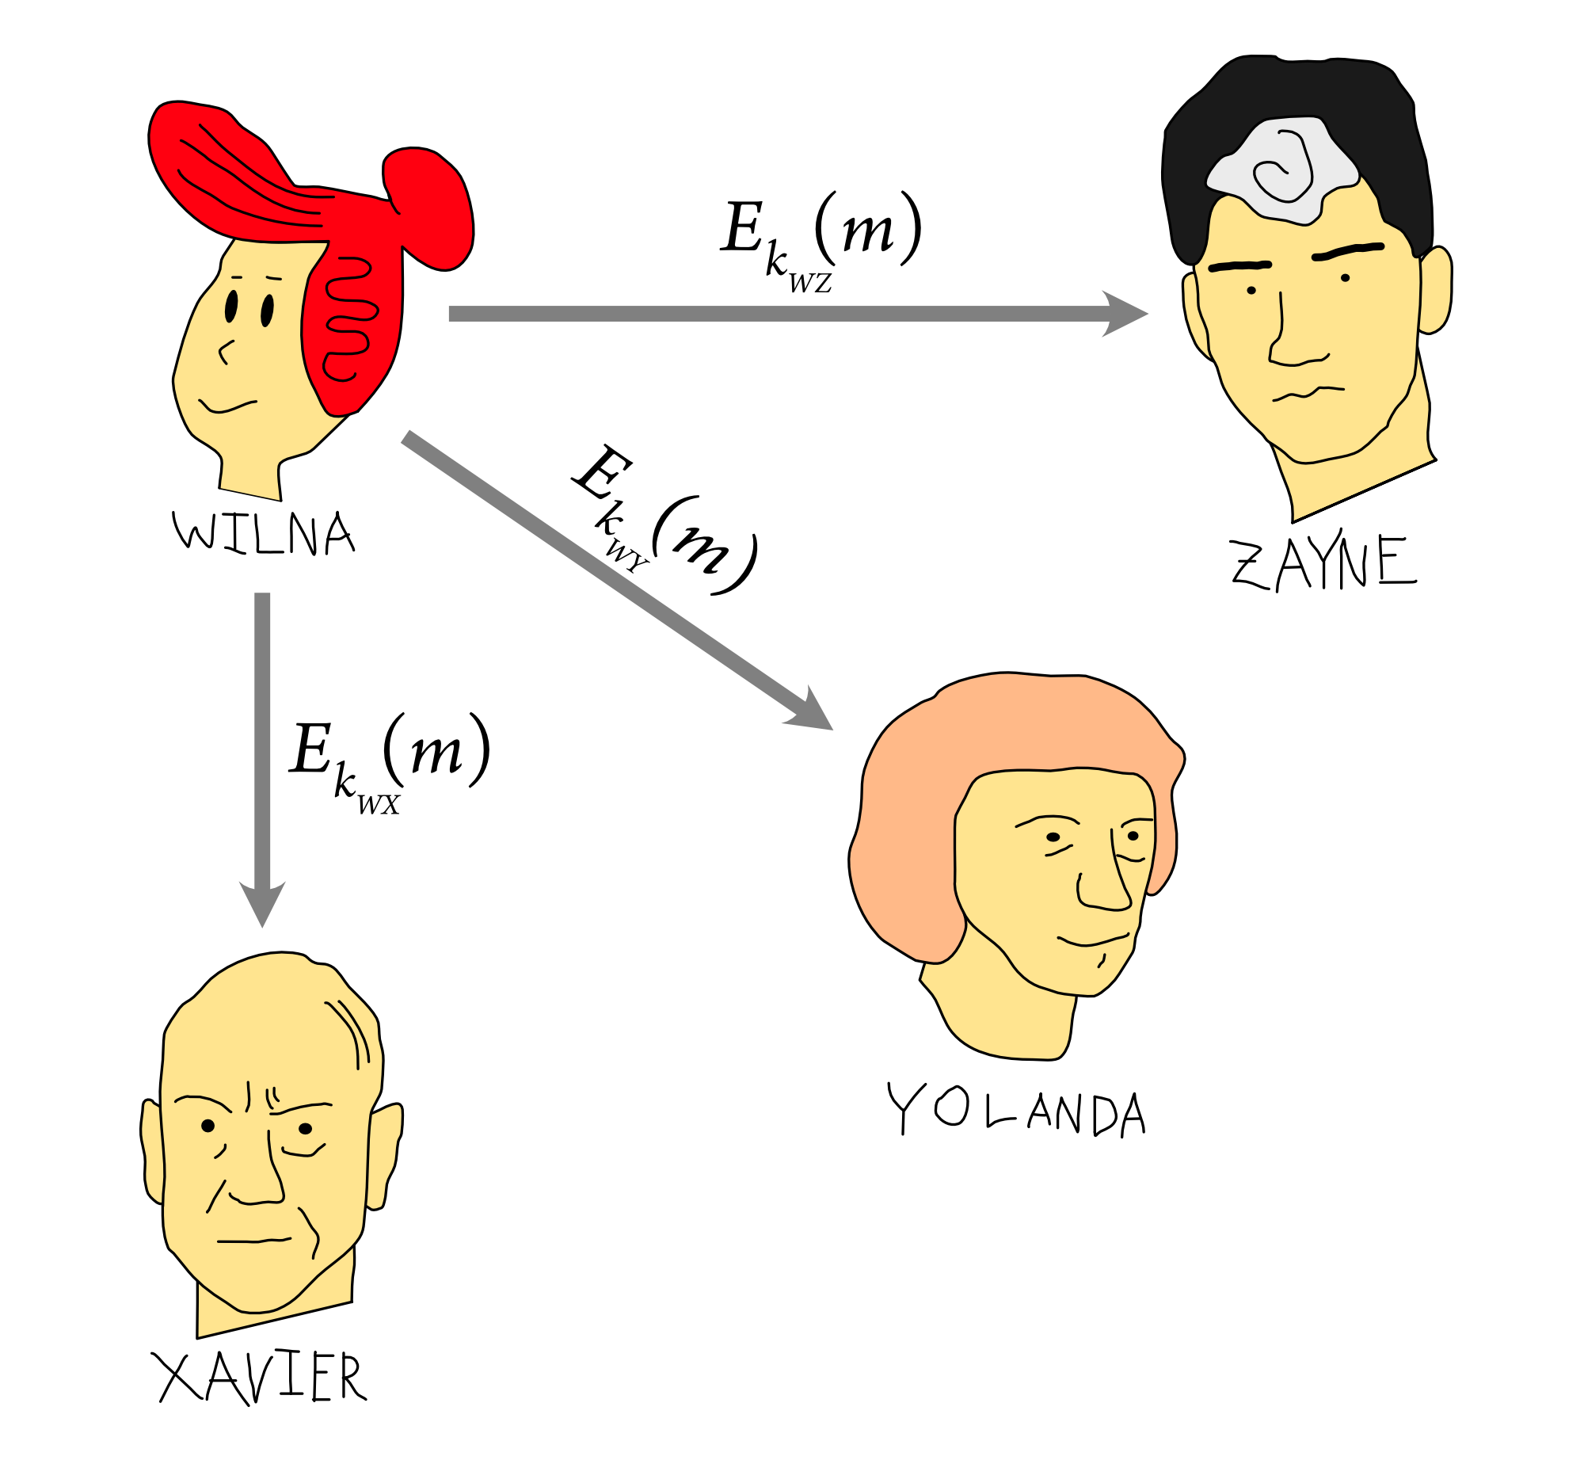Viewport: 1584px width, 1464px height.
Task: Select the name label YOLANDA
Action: click(1017, 1109)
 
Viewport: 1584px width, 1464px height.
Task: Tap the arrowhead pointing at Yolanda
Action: click(813, 711)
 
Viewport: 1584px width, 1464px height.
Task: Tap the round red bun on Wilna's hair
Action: click(428, 206)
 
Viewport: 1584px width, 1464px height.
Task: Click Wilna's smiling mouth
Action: click(227, 406)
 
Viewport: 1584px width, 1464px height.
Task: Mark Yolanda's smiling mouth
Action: click(1093, 942)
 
